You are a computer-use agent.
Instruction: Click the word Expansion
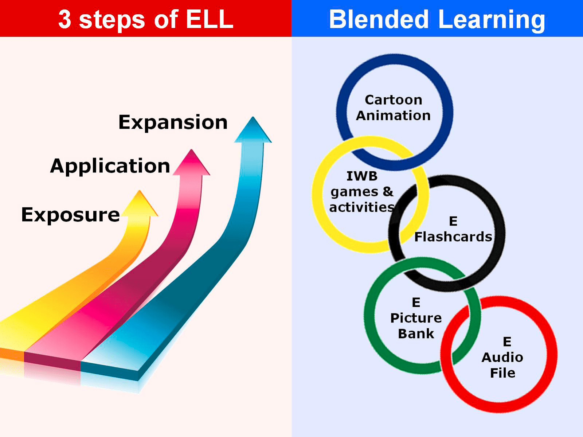pyautogui.click(x=173, y=122)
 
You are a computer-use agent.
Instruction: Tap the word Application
pyautogui.click(x=110, y=167)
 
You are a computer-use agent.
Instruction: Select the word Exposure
pyautogui.click(x=70, y=215)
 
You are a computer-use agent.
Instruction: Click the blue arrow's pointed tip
pyautogui.click(x=253, y=119)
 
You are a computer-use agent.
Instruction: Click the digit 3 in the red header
pyautogui.click(x=64, y=19)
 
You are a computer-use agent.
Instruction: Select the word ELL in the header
pyautogui.click(x=210, y=19)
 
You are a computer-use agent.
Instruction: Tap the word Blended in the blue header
pyautogui.click(x=379, y=19)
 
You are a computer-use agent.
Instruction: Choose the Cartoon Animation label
pyautogui.click(x=394, y=108)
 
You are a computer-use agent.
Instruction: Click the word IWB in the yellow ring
pyautogui.click(x=362, y=176)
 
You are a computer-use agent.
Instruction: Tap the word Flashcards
pyautogui.click(x=453, y=237)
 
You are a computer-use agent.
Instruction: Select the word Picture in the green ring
pyautogui.click(x=416, y=318)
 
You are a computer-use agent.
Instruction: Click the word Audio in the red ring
pyautogui.click(x=502, y=357)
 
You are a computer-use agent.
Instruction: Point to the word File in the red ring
pyautogui.click(x=502, y=373)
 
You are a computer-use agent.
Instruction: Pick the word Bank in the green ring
pyautogui.click(x=416, y=333)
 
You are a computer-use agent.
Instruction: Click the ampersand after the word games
pyautogui.click(x=388, y=191)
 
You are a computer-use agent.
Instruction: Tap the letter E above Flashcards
pyautogui.click(x=453, y=221)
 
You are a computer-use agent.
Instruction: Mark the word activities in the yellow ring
pyautogui.click(x=362, y=207)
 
